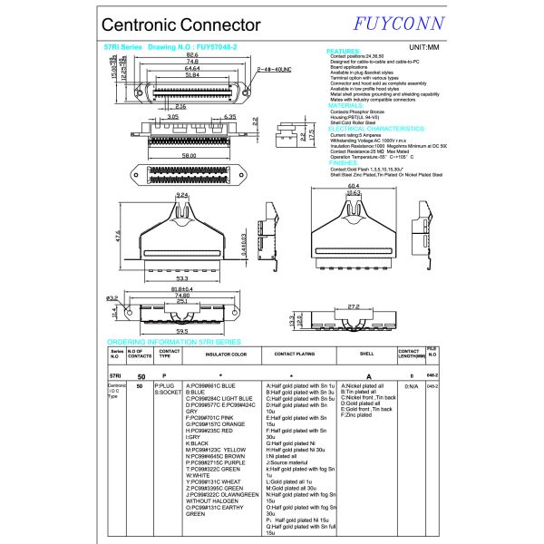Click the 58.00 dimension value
pyautogui.click(x=189, y=155)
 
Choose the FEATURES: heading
pyautogui.click(x=344, y=52)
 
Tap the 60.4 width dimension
pyautogui.click(x=354, y=185)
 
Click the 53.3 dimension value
pyautogui.click(x=182, y=278)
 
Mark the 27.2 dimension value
pyautogui.click(x=353, y=306)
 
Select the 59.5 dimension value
pyautogui.click(x=182, y=332)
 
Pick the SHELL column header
pyautogui.click(x=367, y=355)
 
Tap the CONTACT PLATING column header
pyautogui.click(x=295, y=355)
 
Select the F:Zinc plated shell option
pyautogui.click(x=360, y=414)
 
